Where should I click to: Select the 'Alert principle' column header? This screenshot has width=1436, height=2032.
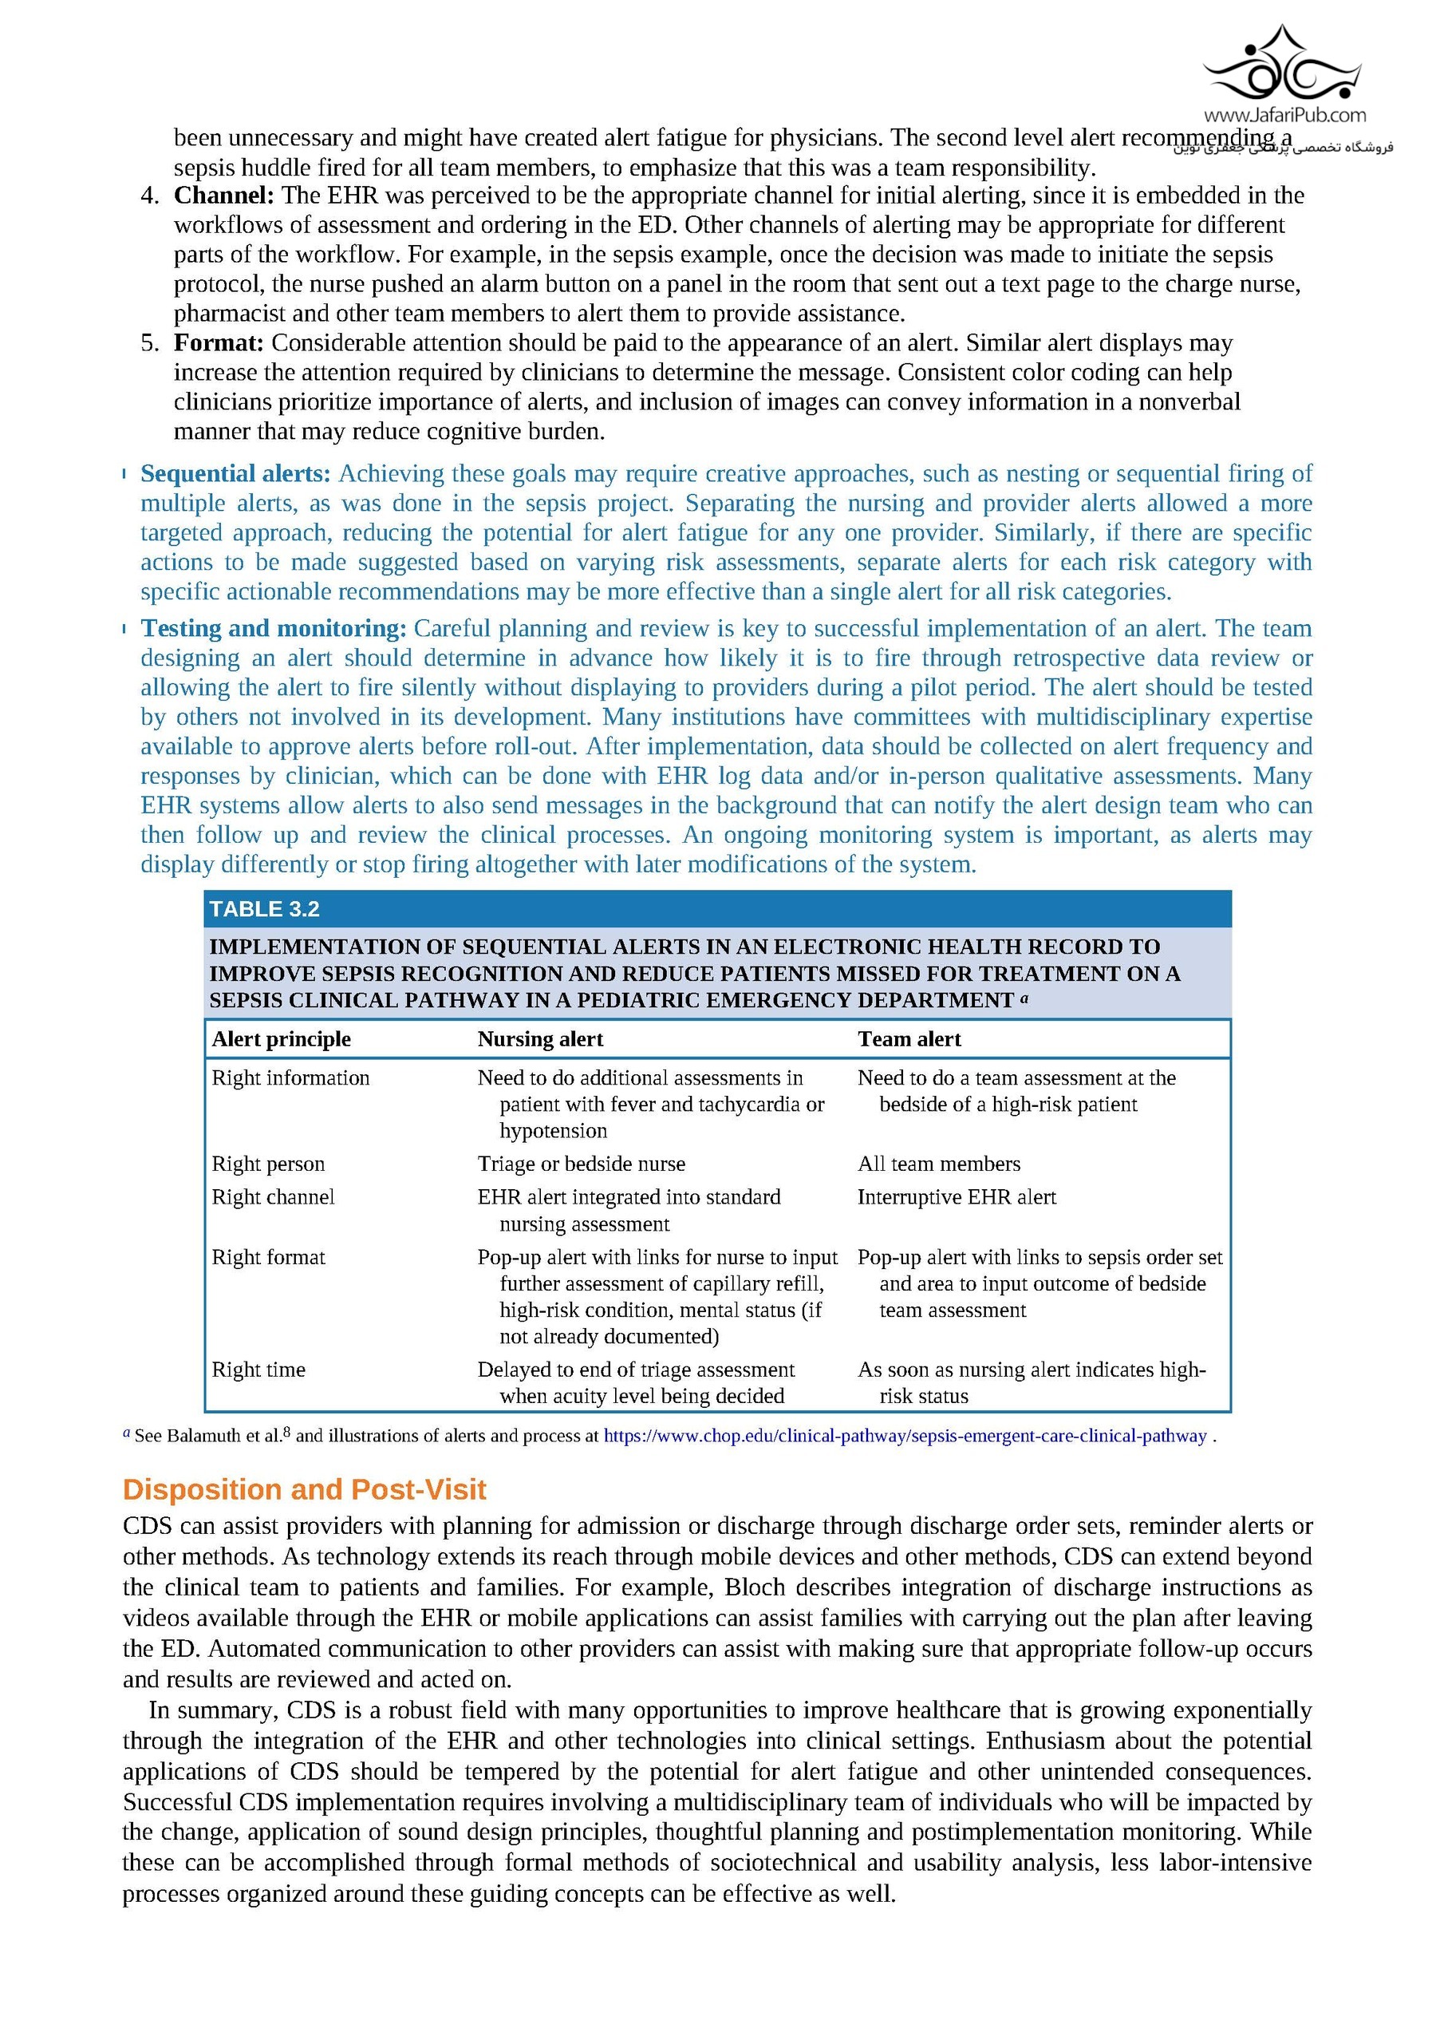282,1039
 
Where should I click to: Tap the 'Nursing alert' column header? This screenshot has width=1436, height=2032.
540,1039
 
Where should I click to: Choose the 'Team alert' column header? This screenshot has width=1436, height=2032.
909,1039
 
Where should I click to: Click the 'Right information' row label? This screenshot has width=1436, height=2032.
290,1078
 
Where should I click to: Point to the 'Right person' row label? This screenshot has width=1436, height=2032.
268,1164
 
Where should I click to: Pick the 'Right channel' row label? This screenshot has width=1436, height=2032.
273,1197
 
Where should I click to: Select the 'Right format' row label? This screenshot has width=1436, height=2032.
268,1258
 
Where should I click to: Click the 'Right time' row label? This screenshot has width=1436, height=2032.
258,1370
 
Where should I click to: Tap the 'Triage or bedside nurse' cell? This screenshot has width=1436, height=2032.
582,1164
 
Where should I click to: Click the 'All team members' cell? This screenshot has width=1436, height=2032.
939,1164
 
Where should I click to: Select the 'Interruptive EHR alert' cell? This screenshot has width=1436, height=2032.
957,1197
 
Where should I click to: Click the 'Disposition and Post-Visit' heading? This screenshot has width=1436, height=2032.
305,1489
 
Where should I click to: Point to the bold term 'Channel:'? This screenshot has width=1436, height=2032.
224,196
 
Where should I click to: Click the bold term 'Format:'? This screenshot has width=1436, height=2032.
219,343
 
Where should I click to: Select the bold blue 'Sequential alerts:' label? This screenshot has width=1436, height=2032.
235,474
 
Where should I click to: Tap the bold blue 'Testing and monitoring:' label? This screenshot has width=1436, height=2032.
274,628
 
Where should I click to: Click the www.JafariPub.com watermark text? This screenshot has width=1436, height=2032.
1284,115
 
